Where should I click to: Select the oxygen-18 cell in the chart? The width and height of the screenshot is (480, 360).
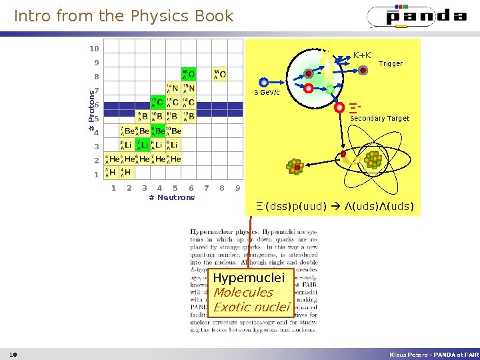[x=219, y=74]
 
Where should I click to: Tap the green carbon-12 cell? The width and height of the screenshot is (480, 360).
[x=157, y=103]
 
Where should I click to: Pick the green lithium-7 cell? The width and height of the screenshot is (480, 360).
[x=142, y=145]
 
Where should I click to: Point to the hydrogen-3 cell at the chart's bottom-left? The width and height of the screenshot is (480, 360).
[x=111, y=173]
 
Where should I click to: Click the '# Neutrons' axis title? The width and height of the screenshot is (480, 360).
[x=172, y=197]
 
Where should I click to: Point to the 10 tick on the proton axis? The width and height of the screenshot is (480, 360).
[x=94, y=49]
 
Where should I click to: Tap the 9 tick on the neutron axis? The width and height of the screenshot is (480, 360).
[x=238, y=188]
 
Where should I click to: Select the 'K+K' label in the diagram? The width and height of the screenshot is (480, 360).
[x=362, y=55]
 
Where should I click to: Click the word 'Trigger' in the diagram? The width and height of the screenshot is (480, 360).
[x=391, y=64]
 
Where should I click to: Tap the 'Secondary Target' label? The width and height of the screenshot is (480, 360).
[x=379, y=119]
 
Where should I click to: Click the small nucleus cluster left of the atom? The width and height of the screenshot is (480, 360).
[x=294, y=167]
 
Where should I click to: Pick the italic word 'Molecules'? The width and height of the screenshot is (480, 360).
[x=243, y=292]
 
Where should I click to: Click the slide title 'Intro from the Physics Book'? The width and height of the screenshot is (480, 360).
[x=124, y=16]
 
